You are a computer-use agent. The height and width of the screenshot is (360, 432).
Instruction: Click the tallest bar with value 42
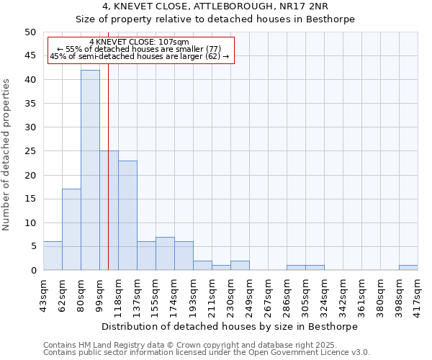(x=90, y=170)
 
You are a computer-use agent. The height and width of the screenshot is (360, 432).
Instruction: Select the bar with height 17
(x=71, y=229)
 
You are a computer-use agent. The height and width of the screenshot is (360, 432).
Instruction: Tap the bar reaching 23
(x=127, y=215)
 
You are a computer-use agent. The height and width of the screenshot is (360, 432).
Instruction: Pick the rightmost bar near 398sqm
(x=408, y=268)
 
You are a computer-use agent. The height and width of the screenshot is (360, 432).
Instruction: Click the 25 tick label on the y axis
(x=30, y=151)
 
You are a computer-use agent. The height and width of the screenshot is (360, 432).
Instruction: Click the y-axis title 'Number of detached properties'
(x=7, y=155)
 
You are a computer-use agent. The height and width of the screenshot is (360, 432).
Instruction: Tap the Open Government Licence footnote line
(x=207, y=353)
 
